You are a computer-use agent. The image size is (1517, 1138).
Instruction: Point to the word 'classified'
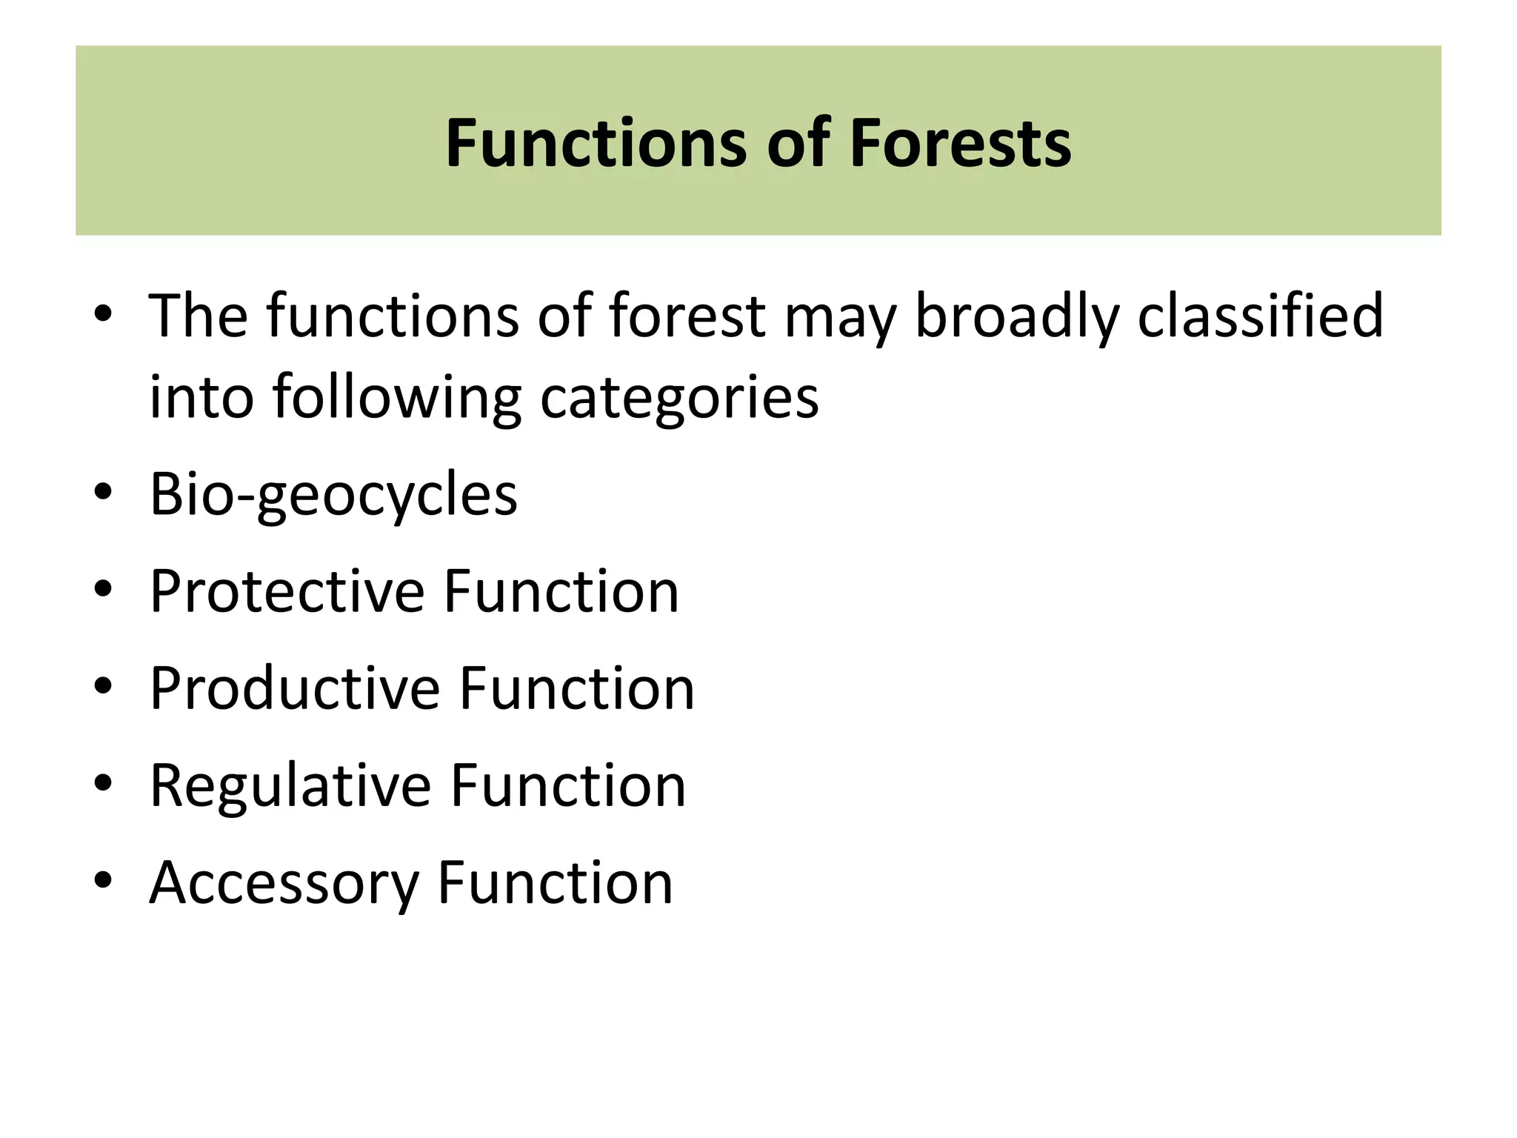pyautogui.click(x=1260, y=316)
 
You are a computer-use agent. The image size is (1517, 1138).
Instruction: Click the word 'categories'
pyautogui.click(x=679, y=399)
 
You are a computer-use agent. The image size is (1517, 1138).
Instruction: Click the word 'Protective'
pyautogui.click(x=287, y=591)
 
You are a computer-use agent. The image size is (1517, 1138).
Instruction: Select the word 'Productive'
pyautogui.click(x=295, y=688)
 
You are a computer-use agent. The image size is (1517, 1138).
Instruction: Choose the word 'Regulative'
pyautogui.click(x=290, y=785)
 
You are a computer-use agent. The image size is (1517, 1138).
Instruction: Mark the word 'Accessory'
pyautogui.click(x=284, y=883)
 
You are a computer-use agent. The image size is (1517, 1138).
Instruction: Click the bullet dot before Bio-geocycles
pyautogui.click(x=104, y=492)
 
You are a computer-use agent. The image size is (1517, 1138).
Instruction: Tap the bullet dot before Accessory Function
pyautogui.click(x=104, y=880)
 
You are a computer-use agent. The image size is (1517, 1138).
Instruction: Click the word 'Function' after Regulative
pyautogui.click(x=568, y=785)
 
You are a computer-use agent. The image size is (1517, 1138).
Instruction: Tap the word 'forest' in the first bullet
pyautogui.click(x=687, y=316)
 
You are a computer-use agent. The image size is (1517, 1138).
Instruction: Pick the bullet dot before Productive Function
pyautogui.click(x=104, y=686)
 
